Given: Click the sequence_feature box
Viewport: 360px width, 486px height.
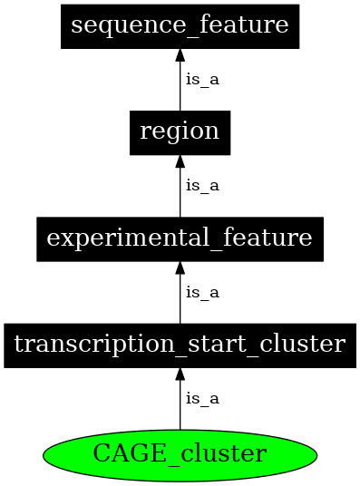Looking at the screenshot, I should (x=180, y=25).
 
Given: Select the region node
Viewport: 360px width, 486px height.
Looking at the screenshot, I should (x=180, y=131).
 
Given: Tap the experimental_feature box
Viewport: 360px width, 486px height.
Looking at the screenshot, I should (x=180, y=238).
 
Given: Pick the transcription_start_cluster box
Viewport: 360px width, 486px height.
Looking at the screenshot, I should (x=180, y=345).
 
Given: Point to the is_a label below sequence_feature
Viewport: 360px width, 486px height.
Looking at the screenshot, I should (x=202, y=79).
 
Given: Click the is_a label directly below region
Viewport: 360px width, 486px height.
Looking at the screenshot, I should (x=202, y=186).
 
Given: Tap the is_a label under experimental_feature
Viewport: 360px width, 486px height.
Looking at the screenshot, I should (x=202, y=293).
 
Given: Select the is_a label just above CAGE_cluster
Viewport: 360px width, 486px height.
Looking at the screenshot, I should (x=202, y=398).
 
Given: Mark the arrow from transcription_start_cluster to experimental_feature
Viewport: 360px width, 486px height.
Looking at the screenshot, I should (x=180, y=296).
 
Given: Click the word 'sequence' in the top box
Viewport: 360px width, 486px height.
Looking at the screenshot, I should (x=110, y=25).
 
